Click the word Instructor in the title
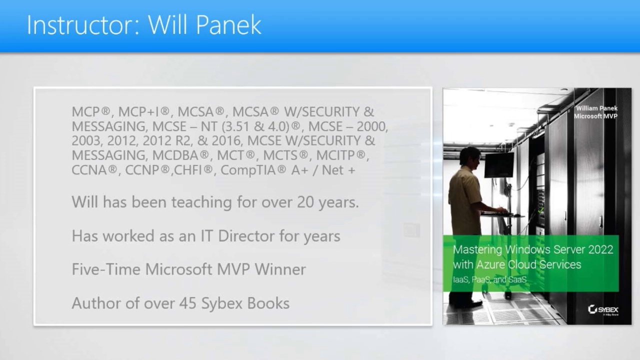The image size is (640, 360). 82,25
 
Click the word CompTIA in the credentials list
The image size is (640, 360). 248,170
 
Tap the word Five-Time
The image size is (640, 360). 106,269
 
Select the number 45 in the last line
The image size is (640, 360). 187,303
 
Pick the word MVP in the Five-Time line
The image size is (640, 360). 233,269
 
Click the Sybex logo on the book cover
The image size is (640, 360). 603,309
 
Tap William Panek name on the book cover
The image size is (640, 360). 596,108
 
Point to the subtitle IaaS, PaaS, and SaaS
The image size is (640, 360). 489,279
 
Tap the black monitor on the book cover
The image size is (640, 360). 499,165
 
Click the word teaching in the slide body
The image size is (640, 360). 201,202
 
